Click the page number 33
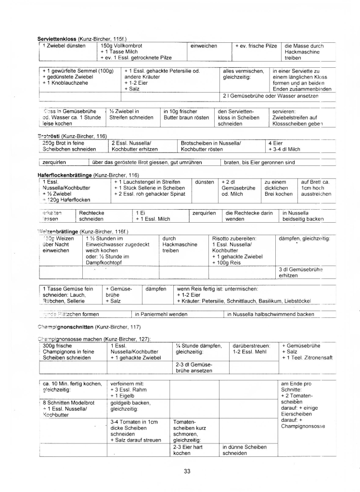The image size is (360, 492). (187, 471)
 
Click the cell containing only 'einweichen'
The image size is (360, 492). (204, 46)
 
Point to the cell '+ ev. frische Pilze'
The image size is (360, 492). (256, 46)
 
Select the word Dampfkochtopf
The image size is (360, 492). (106, 263)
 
